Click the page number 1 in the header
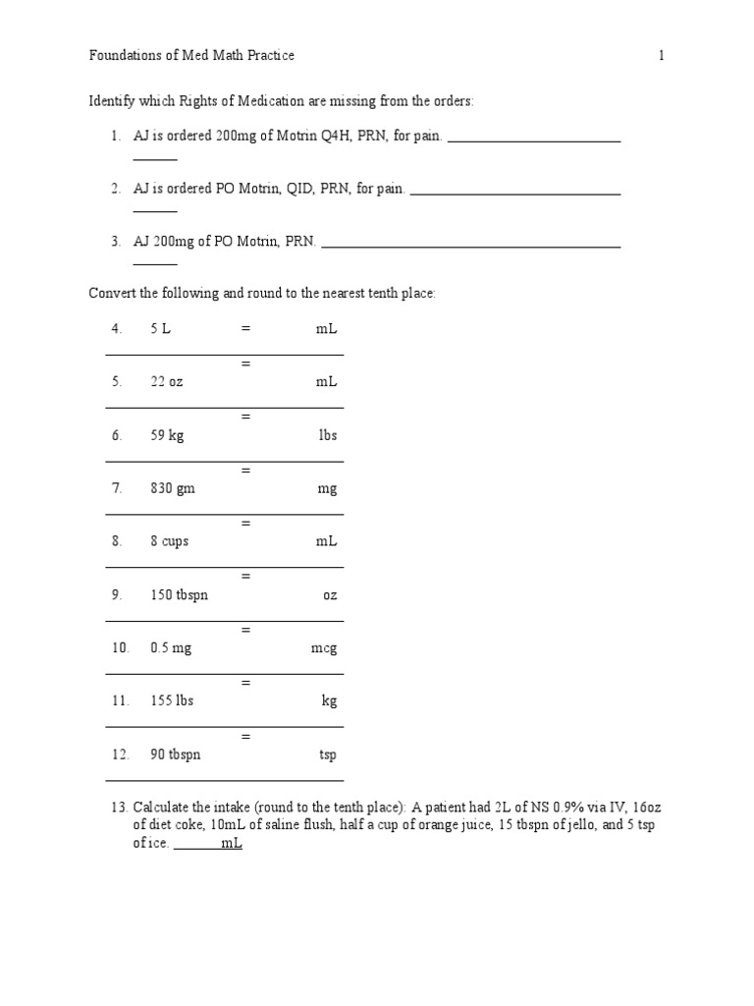pos(661,56)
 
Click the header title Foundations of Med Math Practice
pos(191,56)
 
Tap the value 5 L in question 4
pos(160,329)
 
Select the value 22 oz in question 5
pos(166,382)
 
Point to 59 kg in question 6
pos(167,435)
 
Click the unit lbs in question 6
pos(327,435)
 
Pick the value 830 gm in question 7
pos(173,488)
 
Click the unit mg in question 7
pos(327,488)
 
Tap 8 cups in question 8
pos(170,541)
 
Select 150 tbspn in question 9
pos(179,594)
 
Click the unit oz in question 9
pos(330,594)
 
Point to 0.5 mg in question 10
pos(171,647)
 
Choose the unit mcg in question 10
pos(323,647)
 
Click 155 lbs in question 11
pos(172,700)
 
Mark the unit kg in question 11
pos(329,700)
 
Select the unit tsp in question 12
pos(328,754)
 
